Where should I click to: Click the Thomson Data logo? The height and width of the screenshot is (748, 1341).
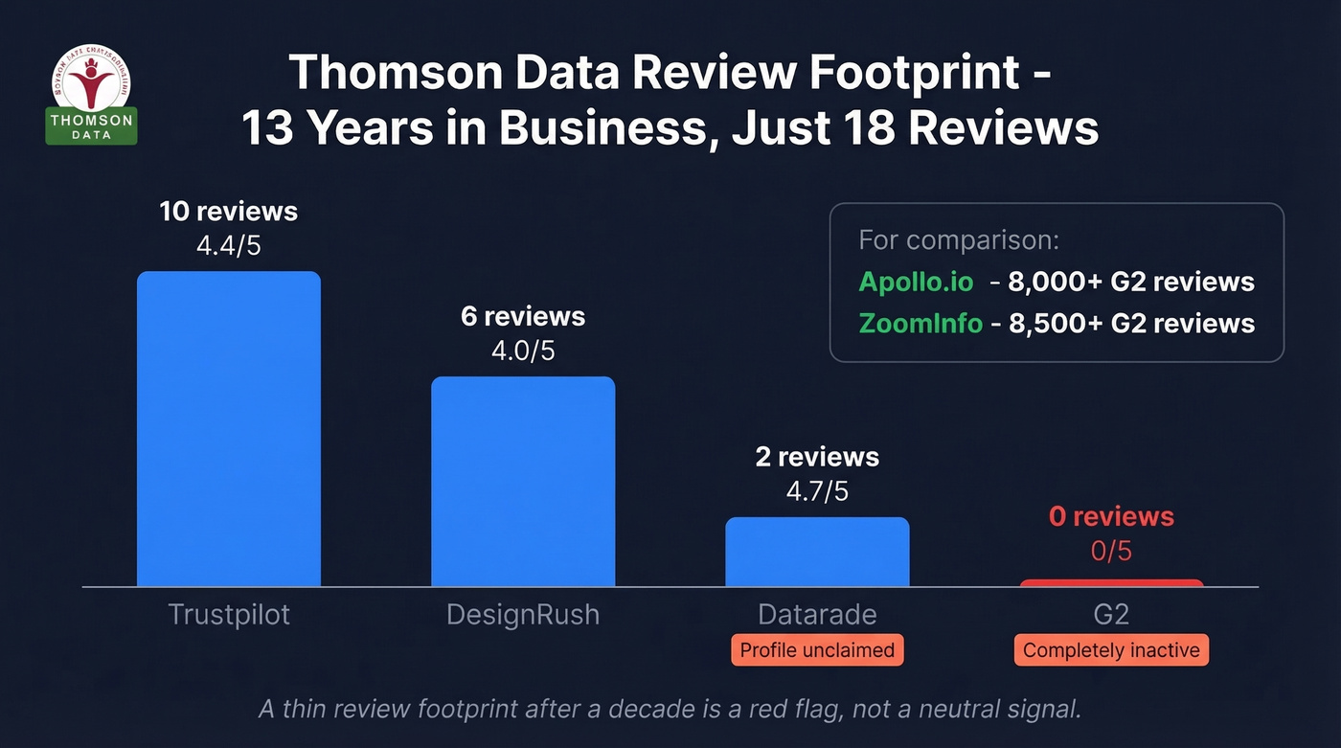pos(91,95)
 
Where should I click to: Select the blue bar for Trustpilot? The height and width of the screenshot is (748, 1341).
pos(228,429)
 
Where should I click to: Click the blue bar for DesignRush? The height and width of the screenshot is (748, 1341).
pos(522,481)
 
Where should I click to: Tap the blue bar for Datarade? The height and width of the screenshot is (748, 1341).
pos(816,552)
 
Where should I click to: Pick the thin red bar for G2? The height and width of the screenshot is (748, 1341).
pos(1111,582)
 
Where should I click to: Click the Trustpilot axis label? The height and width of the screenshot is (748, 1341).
pos(228,614)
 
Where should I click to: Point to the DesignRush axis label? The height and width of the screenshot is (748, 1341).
pos(522,614)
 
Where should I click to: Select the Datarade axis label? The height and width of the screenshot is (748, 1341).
pos(816,614)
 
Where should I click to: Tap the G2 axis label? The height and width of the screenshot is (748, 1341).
pos(1111,614)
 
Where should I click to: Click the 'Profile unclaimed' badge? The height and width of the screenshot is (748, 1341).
pos(817,650)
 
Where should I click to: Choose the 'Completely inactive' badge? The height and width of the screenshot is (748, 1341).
pos(1111,650)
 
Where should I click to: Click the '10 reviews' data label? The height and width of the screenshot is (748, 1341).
pos(228,211)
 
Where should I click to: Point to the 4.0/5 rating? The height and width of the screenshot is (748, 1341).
pos(522,351)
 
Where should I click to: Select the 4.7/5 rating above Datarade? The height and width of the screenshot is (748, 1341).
pos(816,491)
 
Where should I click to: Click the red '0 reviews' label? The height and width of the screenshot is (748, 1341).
pos(1111,517)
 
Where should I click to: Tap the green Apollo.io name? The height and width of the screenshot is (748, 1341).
pos(916,282)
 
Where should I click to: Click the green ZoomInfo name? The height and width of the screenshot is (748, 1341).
pos(921,323)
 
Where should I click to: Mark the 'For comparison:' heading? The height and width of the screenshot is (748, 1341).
pos(958,239)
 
